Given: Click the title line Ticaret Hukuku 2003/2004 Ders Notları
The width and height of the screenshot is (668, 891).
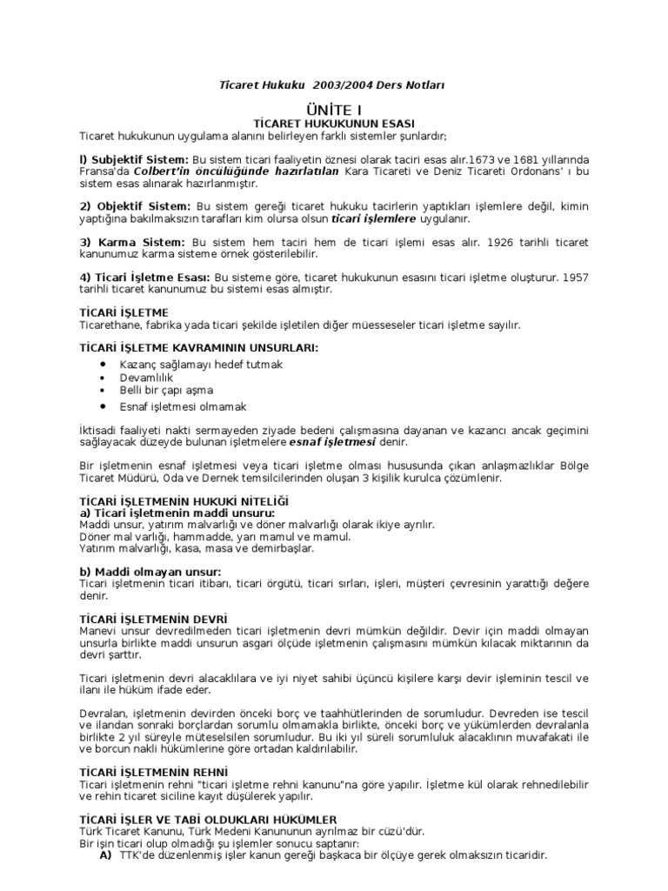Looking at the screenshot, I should [334, 84].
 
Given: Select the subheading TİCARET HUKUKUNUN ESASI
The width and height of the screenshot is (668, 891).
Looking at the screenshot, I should [333, 124].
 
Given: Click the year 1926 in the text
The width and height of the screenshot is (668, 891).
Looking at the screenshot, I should [498, 241].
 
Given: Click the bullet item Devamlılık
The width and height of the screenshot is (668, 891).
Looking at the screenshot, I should [146, 378].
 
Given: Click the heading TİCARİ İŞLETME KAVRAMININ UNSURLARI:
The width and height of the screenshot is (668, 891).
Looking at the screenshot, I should [198, 348].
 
